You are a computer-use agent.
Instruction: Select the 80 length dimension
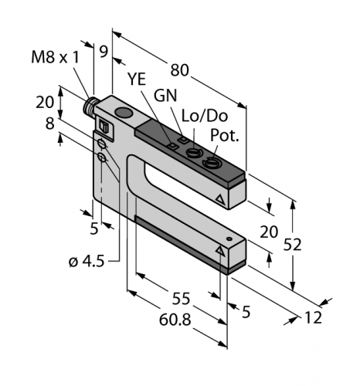(x=180, y=70)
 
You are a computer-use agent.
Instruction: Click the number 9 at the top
(x=103, y=52)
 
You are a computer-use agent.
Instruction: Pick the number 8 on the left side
(x=50, y=123)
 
